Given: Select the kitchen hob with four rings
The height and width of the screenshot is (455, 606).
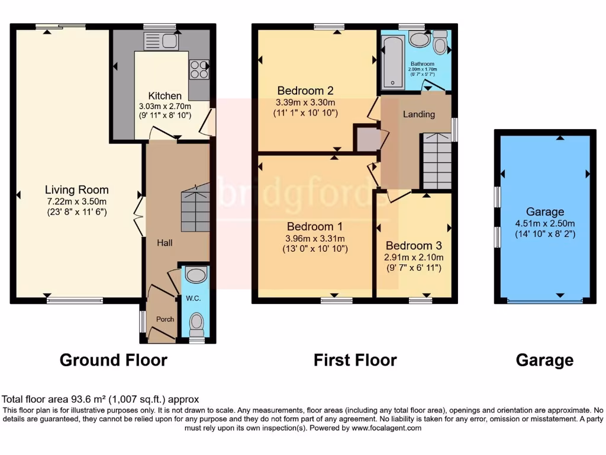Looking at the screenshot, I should (x=199, y=70).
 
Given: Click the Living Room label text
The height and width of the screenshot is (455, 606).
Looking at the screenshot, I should (x=77, y=190).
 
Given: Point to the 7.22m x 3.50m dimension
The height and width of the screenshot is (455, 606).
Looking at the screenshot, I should (x=77, y=201).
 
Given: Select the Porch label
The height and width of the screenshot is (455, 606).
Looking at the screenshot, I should (x=165, y=319).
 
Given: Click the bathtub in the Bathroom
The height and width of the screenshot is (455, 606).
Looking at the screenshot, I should (x=392, y=62).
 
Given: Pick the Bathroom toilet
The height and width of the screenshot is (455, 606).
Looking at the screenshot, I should (x=440, y=43).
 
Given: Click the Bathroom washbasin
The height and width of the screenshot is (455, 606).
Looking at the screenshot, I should (x=419, y=39).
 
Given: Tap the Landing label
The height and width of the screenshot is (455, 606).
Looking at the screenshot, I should (x=418, y=114).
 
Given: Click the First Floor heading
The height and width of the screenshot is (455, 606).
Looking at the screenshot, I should (x=355, y=360).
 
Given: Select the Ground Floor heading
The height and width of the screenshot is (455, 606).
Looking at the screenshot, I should (x=114, y=360).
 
